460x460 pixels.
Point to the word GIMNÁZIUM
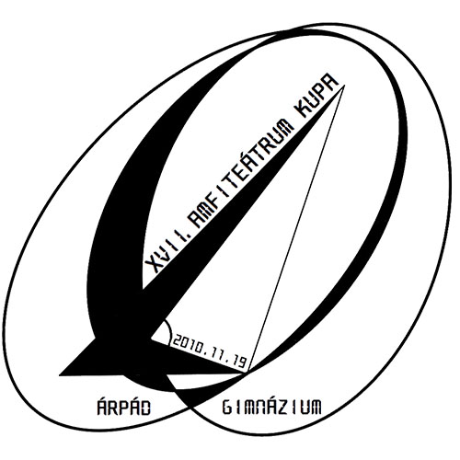pos(271,407)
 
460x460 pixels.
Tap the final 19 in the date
pos(238,361)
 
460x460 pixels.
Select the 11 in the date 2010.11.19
pos(216,354)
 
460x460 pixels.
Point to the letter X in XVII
pos(151,265)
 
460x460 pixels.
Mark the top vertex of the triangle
pos(345,86)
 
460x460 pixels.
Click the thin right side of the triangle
pos(296,229)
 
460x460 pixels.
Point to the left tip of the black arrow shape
pos(60,374)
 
